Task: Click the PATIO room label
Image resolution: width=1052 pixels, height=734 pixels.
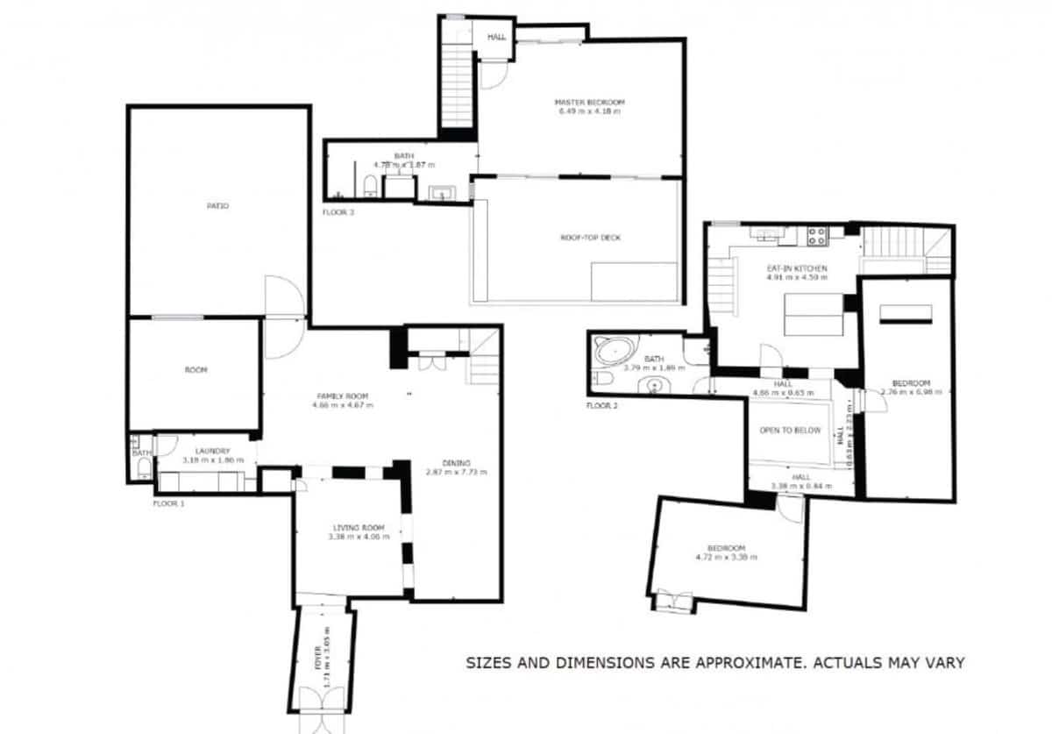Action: [217, 206]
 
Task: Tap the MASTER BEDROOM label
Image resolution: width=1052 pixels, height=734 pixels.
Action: [590, 103]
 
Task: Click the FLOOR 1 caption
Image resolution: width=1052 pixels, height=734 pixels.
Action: [169, 504]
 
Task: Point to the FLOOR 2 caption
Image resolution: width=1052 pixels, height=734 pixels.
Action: [603, 406]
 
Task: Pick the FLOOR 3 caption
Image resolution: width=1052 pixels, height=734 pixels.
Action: [338, 212]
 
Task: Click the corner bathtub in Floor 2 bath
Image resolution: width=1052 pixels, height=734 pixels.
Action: [614, 352]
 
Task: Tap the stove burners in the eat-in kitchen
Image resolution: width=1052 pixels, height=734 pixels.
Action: [816, 235]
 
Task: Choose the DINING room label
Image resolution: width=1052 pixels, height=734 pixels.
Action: [456, 463]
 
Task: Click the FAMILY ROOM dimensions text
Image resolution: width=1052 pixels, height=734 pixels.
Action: [343, 405]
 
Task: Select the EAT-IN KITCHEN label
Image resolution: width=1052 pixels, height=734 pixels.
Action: [797, 268]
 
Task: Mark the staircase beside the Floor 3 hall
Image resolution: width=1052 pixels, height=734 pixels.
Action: [456, 88]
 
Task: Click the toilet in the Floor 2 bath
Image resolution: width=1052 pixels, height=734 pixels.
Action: [602, 379]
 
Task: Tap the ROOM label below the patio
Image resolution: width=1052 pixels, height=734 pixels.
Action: [195, 370]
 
